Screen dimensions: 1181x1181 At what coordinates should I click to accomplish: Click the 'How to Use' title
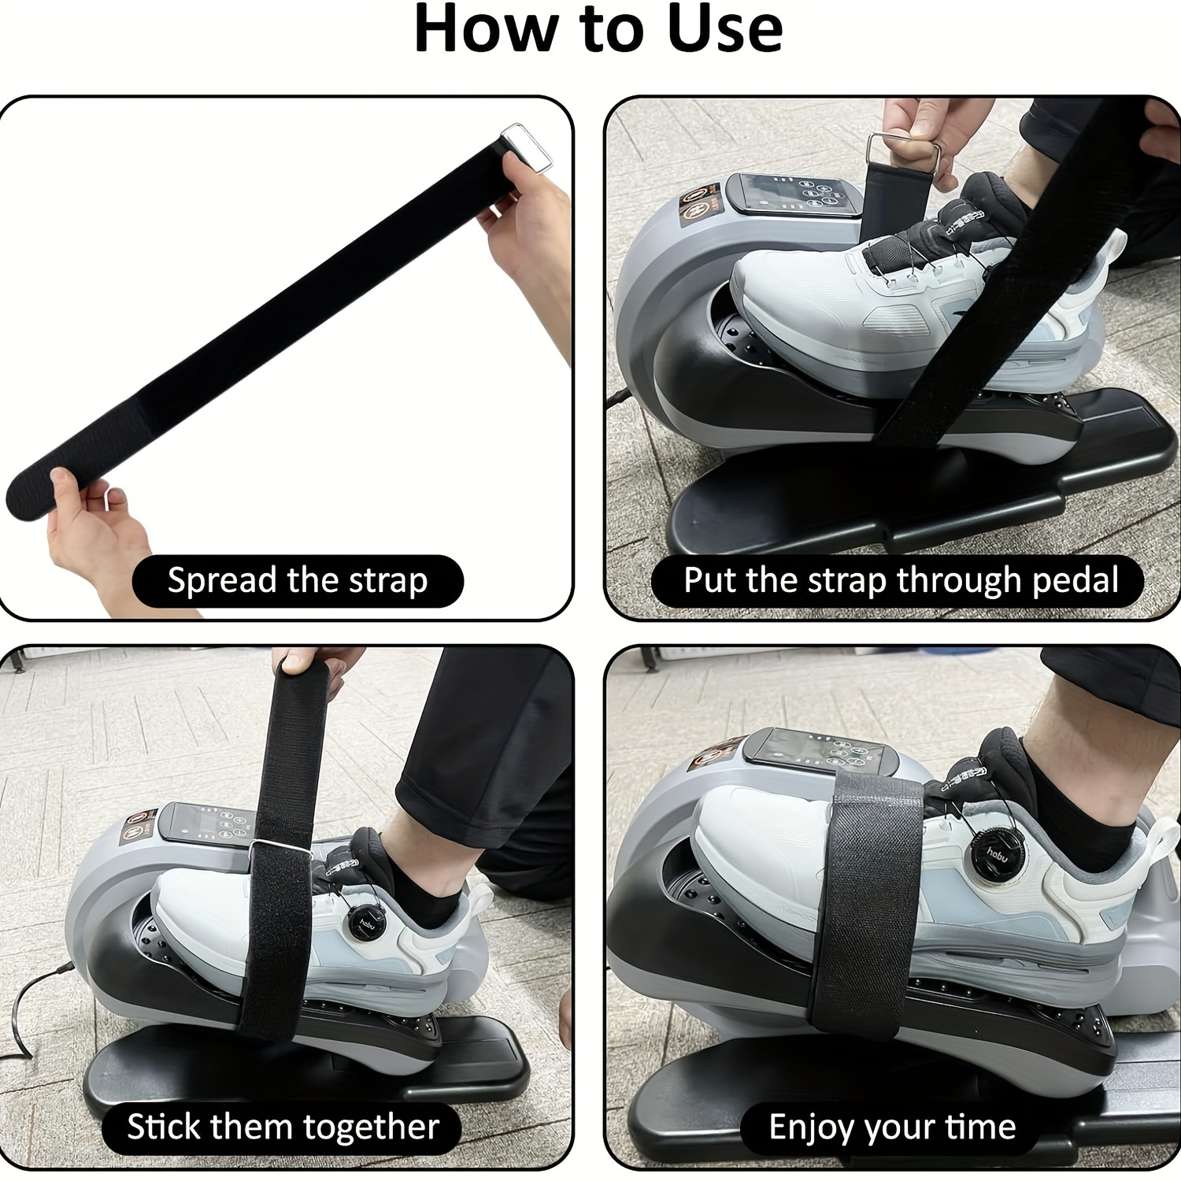tap(598, 30)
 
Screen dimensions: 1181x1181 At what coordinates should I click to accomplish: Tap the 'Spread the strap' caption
tap(297, 581)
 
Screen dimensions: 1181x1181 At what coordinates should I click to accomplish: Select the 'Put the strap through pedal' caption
tap(900, 581)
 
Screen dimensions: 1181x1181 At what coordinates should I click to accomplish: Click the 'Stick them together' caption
tap(283, 1127)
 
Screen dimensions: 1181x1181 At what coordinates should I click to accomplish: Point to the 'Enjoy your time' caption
tap(892, 1127)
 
